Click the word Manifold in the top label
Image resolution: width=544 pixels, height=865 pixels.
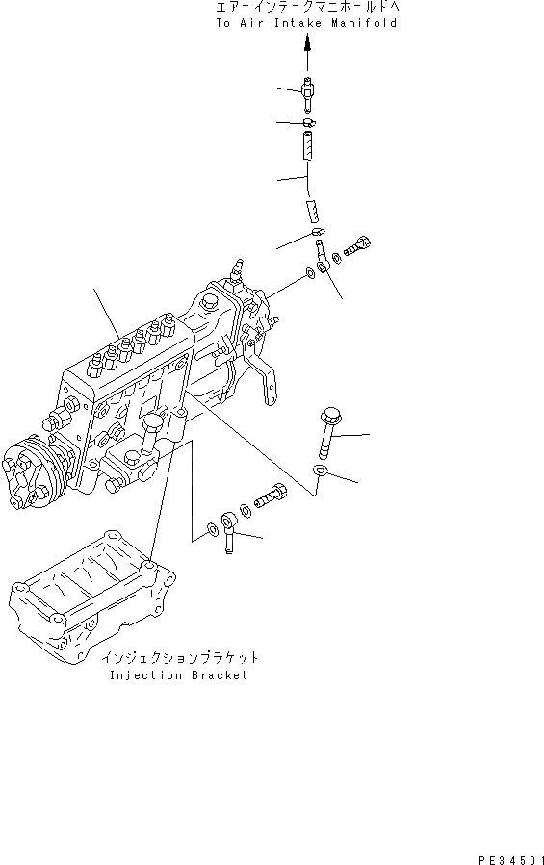click(364, 23)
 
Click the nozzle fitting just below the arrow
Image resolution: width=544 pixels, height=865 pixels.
click(309, 92)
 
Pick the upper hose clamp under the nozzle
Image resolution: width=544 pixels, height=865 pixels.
click(309, 122)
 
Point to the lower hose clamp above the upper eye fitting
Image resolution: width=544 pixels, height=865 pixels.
click(318, 231)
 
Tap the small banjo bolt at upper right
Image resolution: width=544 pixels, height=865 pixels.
click(357, 246)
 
